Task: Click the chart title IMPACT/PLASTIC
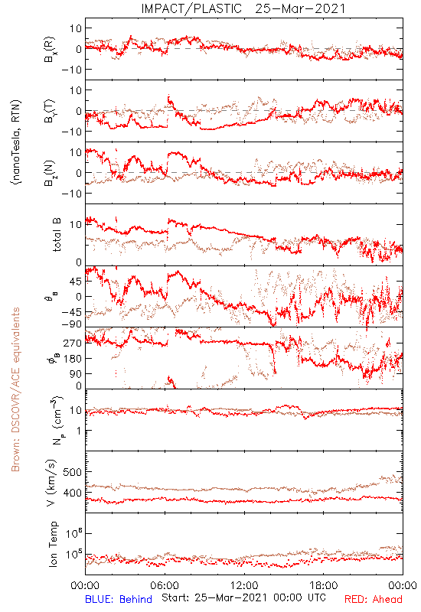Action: (191, 8)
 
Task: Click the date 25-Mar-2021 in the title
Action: (301, 8)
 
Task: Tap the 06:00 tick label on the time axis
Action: (165, 585)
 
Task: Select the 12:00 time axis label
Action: (244, 585)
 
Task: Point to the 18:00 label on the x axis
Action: (324, 585)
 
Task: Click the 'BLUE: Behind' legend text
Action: (119, 599)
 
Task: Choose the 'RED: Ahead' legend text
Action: (374, 599)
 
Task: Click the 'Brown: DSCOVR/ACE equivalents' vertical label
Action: (15, 389)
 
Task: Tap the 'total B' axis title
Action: (57, 235)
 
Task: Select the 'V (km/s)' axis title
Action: (51, 483)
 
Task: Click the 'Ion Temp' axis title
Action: (53, 544)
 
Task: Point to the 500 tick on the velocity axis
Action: (73, 472)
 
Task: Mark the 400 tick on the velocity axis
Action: (73, 493)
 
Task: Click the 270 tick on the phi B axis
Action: (73, 343)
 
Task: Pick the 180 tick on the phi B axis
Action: (73, 358)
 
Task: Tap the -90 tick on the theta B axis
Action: (71, 324)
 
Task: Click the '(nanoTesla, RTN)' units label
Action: (17, 142)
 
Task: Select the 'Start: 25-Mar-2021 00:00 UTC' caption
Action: (243, 597)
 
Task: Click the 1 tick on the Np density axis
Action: (80, 431)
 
